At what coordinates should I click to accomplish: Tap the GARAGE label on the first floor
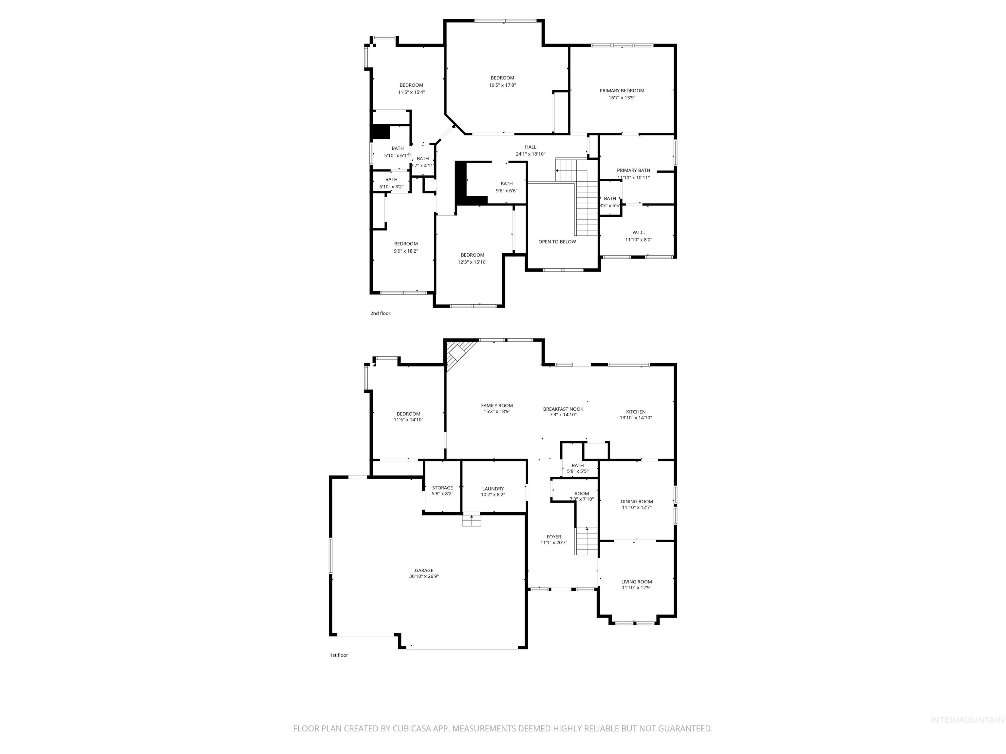(423, 570)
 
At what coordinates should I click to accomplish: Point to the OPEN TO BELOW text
(557, 242)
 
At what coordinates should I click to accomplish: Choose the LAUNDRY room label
(493, 489)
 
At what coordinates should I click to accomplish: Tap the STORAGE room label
(442, 488)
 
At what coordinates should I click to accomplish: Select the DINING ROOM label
(636, 502)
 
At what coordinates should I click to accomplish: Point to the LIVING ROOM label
(636, 582)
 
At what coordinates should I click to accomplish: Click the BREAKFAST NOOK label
(563, 409)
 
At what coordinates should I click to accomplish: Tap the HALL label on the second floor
(530, 147)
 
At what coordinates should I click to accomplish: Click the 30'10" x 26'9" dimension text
(423, 577)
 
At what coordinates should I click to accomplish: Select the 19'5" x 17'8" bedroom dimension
(502, 85)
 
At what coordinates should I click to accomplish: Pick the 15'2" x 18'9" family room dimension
(497, 412)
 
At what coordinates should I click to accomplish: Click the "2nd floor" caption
(380, 314)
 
